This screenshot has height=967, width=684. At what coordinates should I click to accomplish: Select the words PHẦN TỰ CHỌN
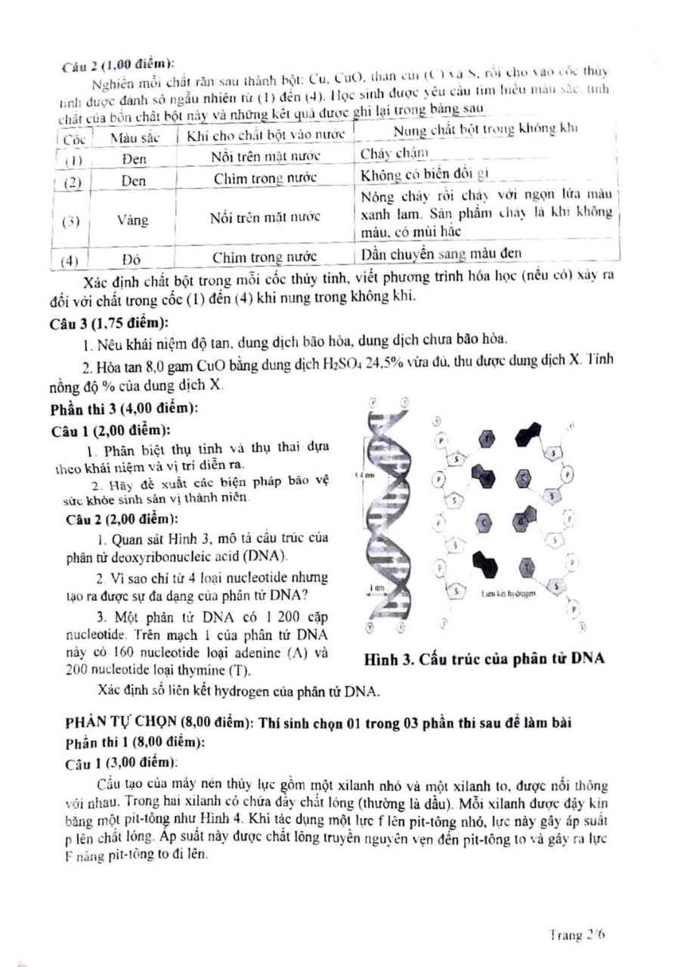pyautogui.click(x=110, y=722)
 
